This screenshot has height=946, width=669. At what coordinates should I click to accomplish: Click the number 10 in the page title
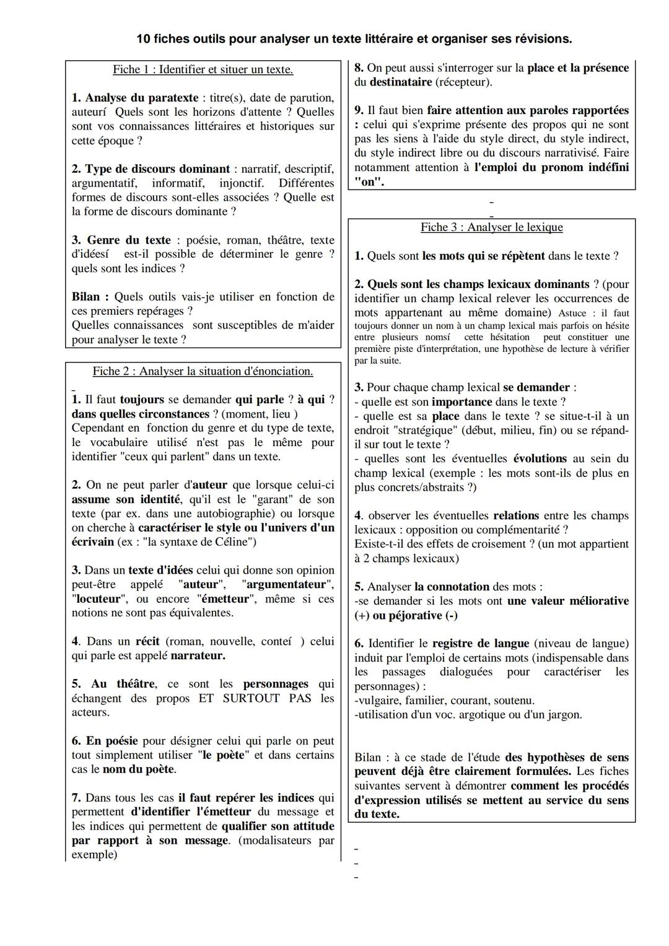[143, 39]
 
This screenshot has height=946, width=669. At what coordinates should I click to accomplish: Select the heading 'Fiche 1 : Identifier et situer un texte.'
[203, 69]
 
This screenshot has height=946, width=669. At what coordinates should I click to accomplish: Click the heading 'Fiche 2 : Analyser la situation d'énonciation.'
[203, 371]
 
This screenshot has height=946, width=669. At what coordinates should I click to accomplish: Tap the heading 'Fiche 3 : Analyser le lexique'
[491, 227]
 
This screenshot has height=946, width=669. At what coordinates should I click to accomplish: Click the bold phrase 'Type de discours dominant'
[157, 169]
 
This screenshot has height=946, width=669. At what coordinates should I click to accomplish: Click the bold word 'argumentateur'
[287, 584]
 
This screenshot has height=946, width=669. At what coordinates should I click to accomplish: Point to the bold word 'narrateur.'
[198, 655]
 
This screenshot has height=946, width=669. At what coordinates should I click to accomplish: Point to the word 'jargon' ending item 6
[564, 714]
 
